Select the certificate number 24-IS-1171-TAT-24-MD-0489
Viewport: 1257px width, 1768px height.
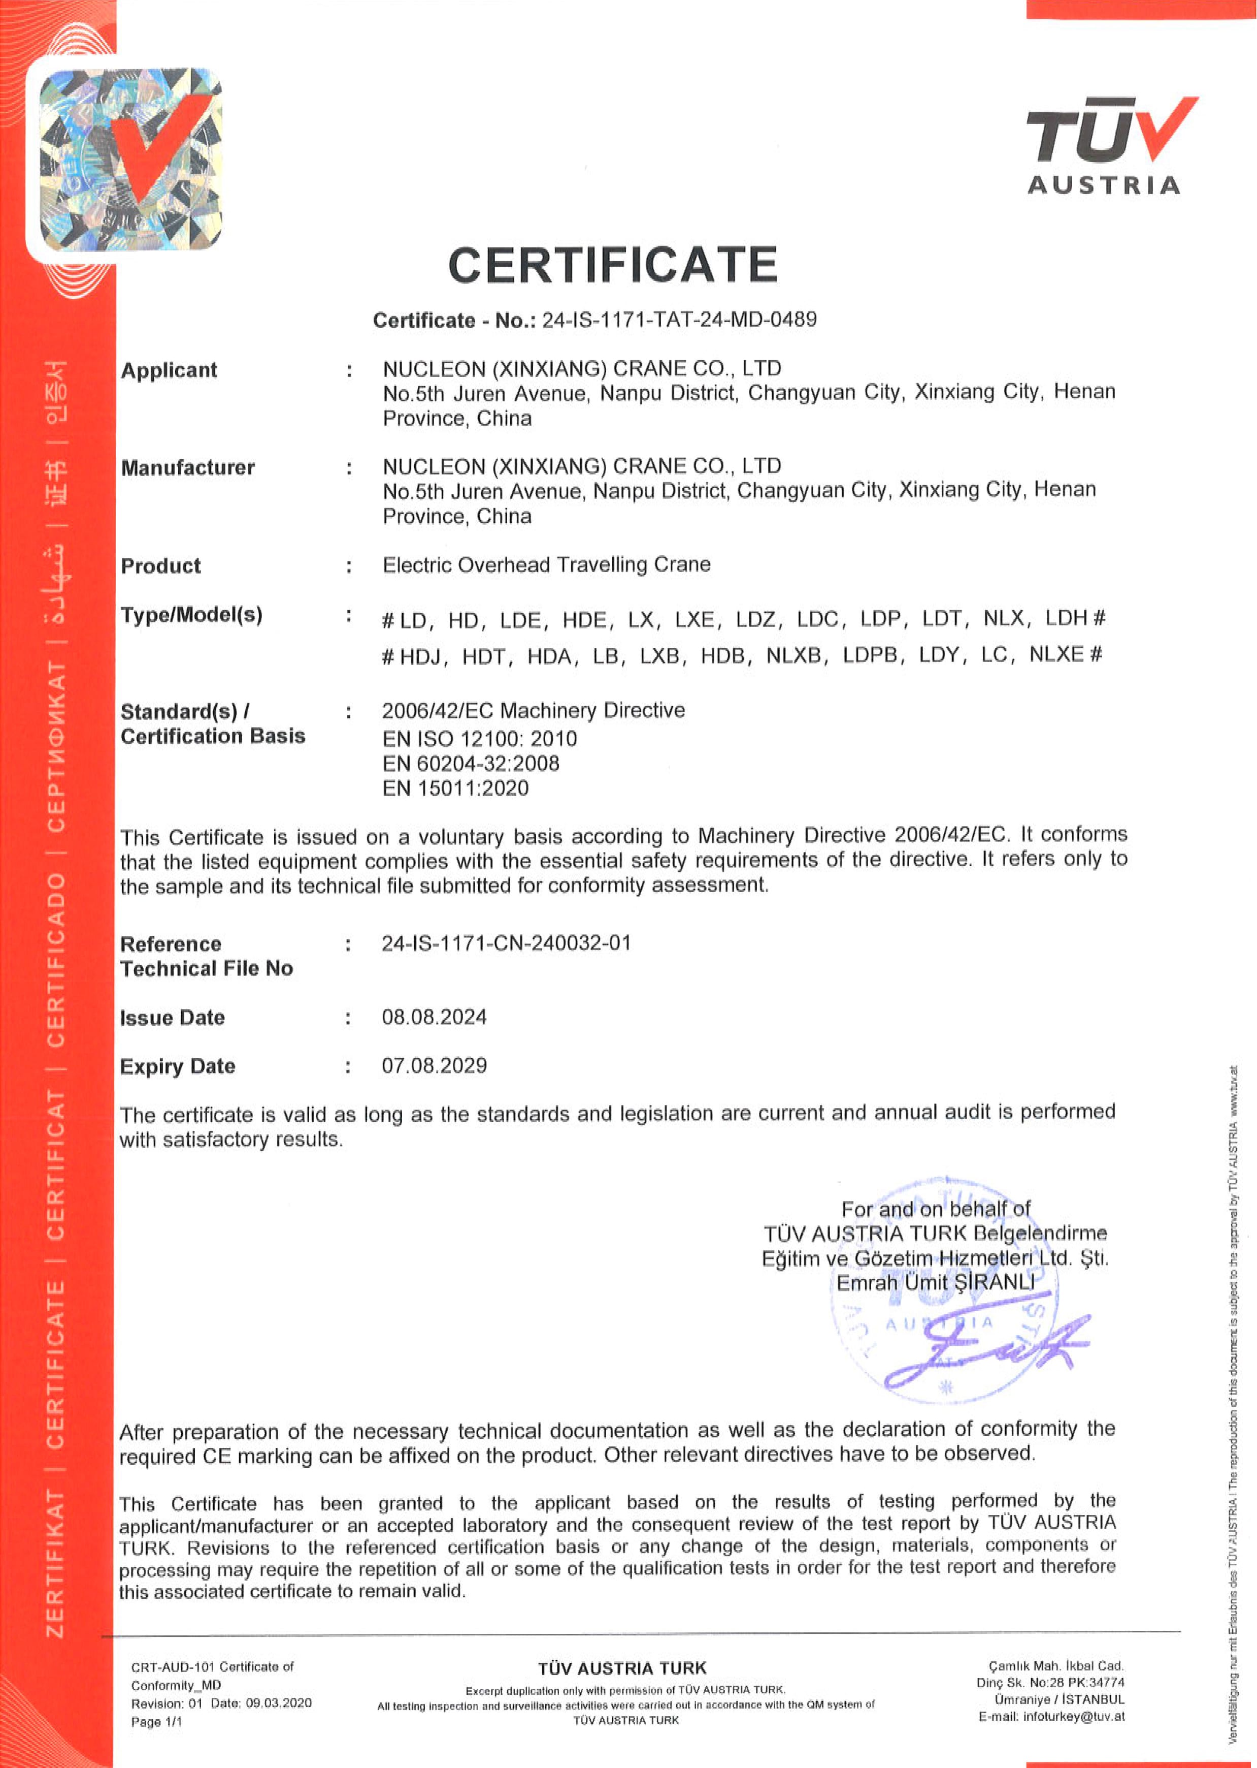coord(679,320)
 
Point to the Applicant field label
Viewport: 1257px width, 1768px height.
coord(169,370)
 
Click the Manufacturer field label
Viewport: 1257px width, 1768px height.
coord(187,468)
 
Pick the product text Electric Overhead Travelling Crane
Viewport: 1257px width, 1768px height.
coord(546,564)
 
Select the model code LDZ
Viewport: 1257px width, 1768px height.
coord(755,619)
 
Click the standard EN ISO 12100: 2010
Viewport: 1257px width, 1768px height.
coord(479,739)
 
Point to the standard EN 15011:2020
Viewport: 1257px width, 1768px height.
coord(455,788)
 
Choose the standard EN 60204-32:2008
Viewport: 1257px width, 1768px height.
coord(471,764)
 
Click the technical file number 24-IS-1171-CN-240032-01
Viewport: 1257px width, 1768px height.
coord(506,943)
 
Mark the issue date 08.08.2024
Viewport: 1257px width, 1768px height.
coord(434,1017)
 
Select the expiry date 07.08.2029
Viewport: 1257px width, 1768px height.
coord(434,1065)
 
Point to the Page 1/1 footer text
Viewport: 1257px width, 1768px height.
coord(157,1722)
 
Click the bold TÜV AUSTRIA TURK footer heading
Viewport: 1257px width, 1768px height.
coord(622,1668)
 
